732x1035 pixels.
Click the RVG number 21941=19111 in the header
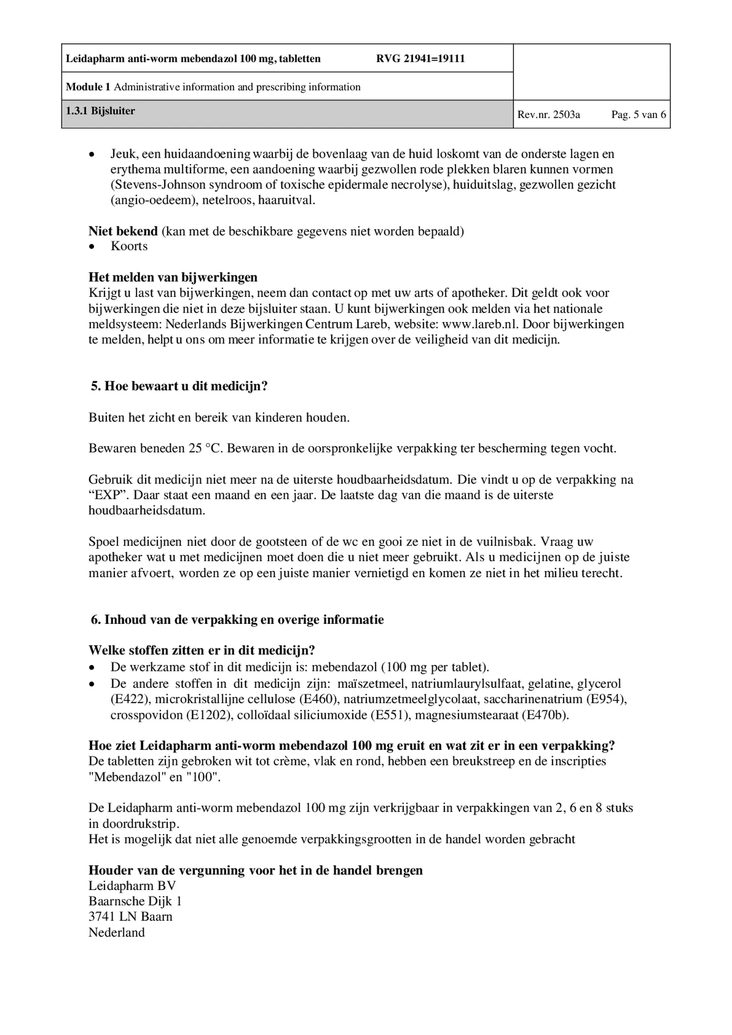coord(420,59)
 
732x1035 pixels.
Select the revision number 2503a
coord(549,115)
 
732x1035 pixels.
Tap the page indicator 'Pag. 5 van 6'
coord(638,115)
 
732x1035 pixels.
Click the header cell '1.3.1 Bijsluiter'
coord(100,111)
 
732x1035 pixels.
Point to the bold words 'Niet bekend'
coord(123,231)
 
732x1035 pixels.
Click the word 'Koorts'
coord(129,246)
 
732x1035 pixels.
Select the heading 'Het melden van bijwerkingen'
coord(173,277)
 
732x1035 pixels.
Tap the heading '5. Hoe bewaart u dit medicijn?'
coord(179,386)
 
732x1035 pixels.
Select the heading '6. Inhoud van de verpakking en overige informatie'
coord(237,620)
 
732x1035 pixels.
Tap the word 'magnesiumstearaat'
coord(466,715)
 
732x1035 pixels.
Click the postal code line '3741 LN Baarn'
coord(130,916)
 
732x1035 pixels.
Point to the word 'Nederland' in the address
coord(117,932)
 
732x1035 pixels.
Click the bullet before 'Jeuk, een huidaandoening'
coord(92,154)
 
